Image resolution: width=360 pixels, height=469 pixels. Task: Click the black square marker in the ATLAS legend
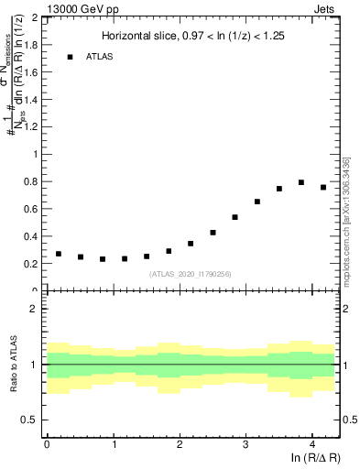(70, 58)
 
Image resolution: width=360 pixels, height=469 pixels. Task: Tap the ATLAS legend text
(102, 58)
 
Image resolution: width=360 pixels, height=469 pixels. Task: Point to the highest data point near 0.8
(301, 182)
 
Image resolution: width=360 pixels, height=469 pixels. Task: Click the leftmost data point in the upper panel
(59, 254)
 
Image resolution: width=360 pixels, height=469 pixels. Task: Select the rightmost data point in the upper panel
(323, 188)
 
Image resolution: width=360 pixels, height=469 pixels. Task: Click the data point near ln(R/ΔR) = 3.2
(257, 202)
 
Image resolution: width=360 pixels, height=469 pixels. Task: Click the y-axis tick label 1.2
(31, 126)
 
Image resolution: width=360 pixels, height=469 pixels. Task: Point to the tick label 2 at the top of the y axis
(36, 17)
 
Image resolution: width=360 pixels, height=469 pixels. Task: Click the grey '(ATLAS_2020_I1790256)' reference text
(191, 274)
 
